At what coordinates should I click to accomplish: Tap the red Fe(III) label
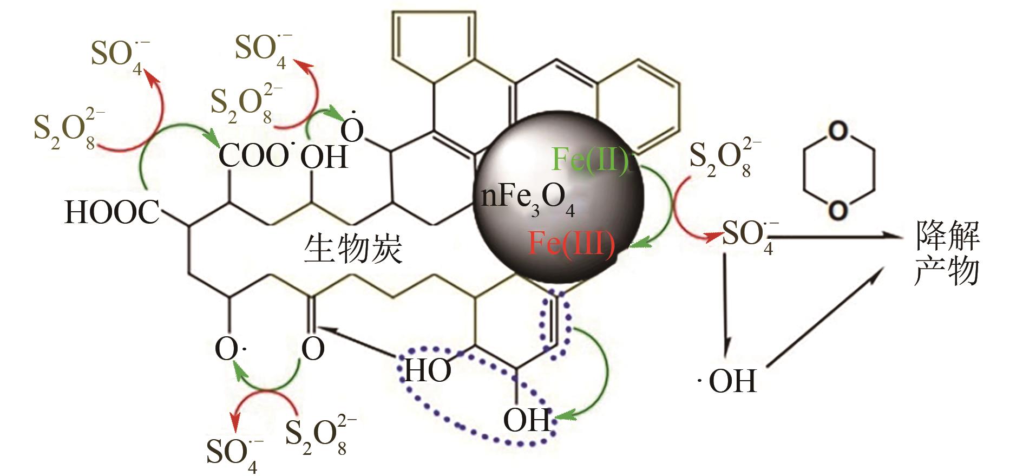click(x=572, y=244)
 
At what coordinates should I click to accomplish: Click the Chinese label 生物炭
click(x=353, y=250)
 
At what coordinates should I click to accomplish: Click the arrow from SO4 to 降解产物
click(x=834, y=237)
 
